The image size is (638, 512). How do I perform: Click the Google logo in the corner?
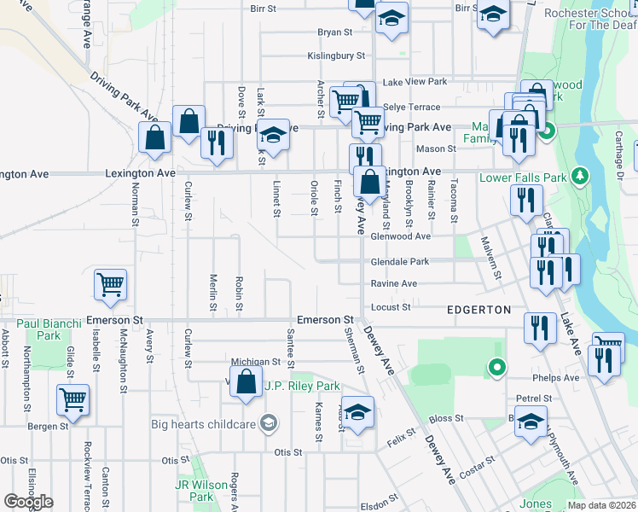pyautogui.click(x=28, y=502)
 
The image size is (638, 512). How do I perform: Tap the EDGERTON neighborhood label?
pyautogui.click(x=478, y=309)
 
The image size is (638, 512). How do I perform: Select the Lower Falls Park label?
pyautogui.click(x=524, y=178)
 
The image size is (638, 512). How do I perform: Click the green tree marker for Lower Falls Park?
pyautogui.click(x=581, y=175)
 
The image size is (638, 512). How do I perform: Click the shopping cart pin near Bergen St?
pyautogui.click(x=73, y=399)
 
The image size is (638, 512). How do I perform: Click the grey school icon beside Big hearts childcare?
pyautogui.click(x=269, y=423)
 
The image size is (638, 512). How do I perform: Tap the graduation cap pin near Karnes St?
pyautogui.click(x=358, y=411)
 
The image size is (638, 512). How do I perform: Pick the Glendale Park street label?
pyautogui.click(x=400, y=261)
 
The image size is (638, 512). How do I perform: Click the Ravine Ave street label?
pyautogui.click(x=393, y=283)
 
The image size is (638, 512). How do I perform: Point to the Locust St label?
pyautogui.click(x=391, y=306)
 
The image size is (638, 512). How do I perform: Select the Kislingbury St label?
pyautogui.click(x=336, y=56)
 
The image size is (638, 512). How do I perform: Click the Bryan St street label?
pyautogui.click(x=334, y=32)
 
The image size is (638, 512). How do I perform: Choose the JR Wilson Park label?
pyautogui.click(x=194, y=491)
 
